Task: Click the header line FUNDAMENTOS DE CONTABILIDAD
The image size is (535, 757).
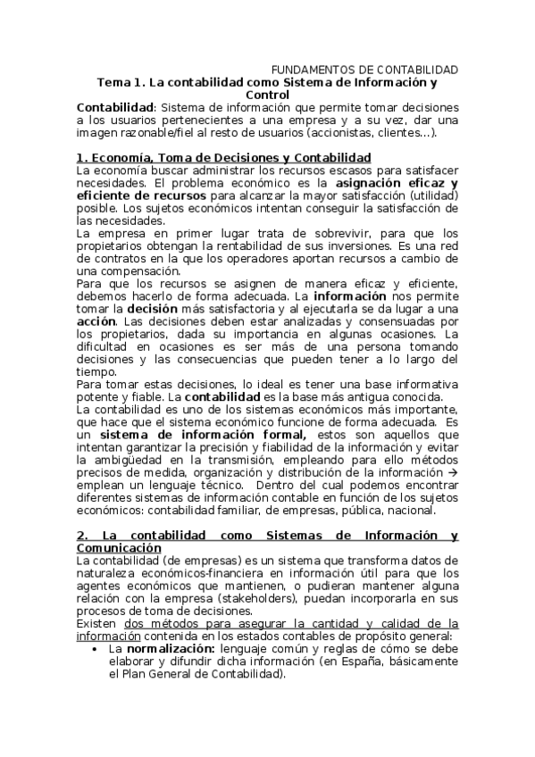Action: coord(364,70)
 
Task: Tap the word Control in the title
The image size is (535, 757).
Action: coord(267,95)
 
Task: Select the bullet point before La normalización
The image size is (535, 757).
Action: coord(96,649)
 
